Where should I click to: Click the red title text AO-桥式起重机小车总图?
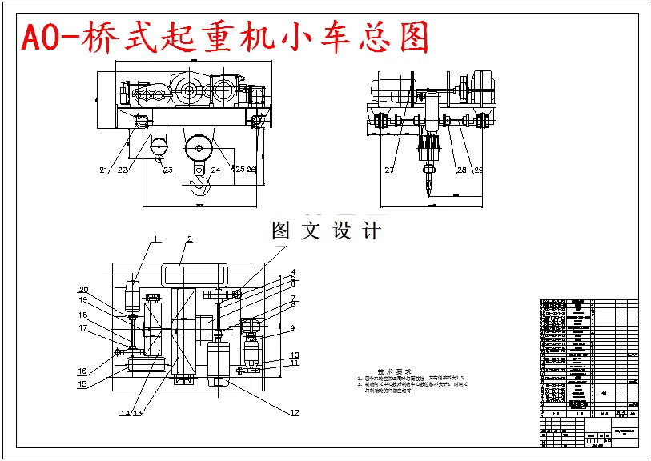click(225, 38)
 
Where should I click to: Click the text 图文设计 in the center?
click(326, 230)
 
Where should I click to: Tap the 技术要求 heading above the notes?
click(396, 372)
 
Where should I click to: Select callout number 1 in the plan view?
click(158, 239)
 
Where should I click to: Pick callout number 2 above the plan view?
click(190, 239)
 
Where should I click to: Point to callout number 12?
click(295, 412)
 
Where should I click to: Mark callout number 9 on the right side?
click(294, 327)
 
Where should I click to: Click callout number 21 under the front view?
click(104, 170)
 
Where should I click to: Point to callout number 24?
click(215, 170)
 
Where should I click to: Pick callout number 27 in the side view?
click(390, 170)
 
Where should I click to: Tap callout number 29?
click(478, 170)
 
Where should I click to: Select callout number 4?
click(294, 272)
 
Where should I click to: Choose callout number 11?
click(295, 363)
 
